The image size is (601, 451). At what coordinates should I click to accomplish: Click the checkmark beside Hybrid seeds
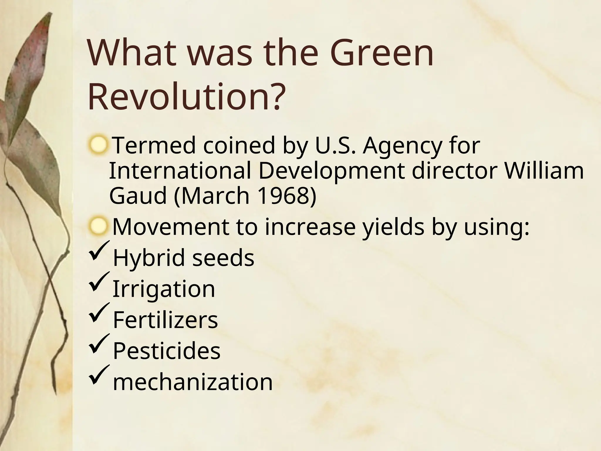(99, 252)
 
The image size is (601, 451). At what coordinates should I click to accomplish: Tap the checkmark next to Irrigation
(99, 283)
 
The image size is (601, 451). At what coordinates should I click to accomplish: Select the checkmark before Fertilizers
(99, 314)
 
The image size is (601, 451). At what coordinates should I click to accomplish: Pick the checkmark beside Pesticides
(99, 346)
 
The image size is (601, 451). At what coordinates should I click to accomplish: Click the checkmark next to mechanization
(99, 377)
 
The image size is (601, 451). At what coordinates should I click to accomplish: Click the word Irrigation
(164, 289)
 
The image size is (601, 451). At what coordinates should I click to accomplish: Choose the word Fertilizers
(165, 320)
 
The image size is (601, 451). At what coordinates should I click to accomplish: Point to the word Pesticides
(166, 351)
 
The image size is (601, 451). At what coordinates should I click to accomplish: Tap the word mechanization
(193, 382)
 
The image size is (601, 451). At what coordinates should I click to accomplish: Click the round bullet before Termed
(98, 145)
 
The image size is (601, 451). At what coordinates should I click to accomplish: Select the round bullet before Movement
(98, 227)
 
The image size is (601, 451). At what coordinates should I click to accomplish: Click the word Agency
(402, 146)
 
